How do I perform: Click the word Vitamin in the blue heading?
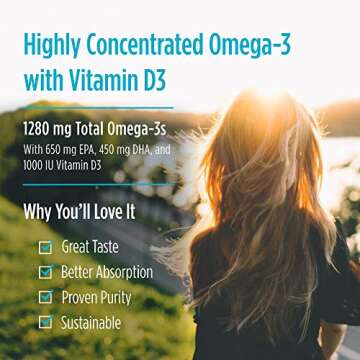(110, 79)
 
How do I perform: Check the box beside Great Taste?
(44, 247)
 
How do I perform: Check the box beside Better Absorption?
(44, 272)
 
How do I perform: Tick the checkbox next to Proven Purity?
(44, 297)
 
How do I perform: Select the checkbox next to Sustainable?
(44, 322)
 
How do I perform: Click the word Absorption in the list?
(124, 272)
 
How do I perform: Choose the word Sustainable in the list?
(91, 322)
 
